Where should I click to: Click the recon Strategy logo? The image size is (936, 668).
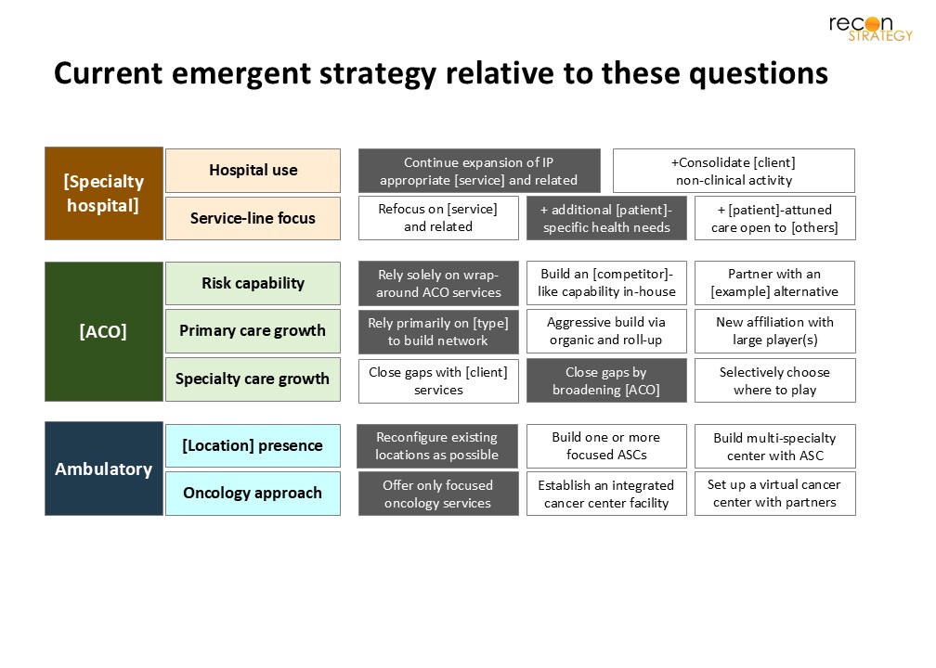click(871, 28)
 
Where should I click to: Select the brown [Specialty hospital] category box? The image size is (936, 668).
click(104, 194)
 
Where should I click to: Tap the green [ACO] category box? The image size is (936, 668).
click(104, 331)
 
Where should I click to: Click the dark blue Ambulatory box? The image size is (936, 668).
click(104, 469)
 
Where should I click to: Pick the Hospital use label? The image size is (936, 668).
click(253, 171)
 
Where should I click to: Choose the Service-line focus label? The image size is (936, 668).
click(253, 218)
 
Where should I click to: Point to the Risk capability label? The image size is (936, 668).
click(253, 283)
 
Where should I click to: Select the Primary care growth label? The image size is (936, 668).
click(253, 331)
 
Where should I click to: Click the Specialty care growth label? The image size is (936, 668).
click(253, 379)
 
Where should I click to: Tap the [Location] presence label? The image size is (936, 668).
click(253, 445)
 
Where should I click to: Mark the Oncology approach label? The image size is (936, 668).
click(253, 494)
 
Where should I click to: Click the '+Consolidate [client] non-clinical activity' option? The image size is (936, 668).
click(734, 171)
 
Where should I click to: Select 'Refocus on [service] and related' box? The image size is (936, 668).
click(438, 218)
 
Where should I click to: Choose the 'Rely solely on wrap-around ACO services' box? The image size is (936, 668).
click(438, 283)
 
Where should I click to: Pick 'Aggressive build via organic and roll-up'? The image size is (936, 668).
click(606, 331)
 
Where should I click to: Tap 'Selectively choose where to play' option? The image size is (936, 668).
click(774, 380)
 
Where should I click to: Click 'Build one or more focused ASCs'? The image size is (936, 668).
click(606, 446)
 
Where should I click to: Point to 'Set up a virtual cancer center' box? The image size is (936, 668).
click(774, 494)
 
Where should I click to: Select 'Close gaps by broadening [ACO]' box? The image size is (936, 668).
click(606, 380)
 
